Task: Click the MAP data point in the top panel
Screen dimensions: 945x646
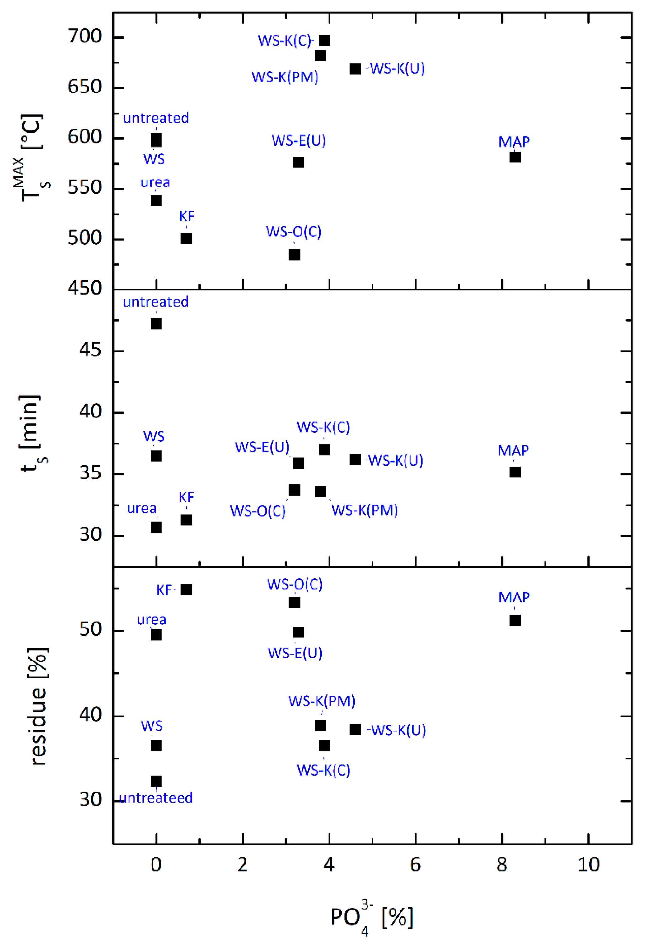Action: click(x=515, y=157)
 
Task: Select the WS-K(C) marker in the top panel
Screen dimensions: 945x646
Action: click(x=325, y=40)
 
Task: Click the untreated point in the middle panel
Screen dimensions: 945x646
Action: click(x=156, y=324)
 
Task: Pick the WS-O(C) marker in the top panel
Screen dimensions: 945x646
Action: click(x=294, y=255)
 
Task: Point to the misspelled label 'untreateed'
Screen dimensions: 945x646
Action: click(x=156, y=798)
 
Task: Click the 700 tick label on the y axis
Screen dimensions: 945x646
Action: click(x=85, y=37)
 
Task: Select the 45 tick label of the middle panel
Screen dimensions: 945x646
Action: click(x=90, y=350)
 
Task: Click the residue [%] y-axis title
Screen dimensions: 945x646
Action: click(x=38, y=707)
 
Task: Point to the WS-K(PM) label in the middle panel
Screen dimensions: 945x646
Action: click(x=364, y=510)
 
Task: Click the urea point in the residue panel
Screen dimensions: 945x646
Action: click(x=156, y=635)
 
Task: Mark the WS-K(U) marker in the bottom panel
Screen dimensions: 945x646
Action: click(x=355, y=730)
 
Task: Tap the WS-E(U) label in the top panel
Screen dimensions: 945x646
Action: click(x=299, y=141)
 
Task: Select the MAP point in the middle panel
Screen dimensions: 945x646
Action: click(x=515, y=472)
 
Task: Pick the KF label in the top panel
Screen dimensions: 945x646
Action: click(x=187, y=216)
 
